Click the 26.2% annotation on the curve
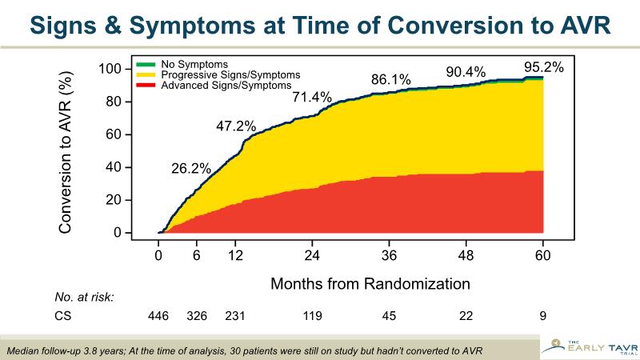pyautogui.click(x=191, y=169)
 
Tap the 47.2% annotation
pyautogui.click(x=236, y=126)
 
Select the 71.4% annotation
pyautogui.click(x=311, y=98)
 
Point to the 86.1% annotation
pyautogui.click(x=390, y=79)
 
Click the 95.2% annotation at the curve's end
pyautogui.click(x=544, y=67)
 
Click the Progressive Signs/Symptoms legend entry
pyautogui.click(x=219, y=74)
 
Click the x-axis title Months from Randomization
pyautogui.click(x=370, y=283)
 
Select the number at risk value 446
pyautogui.click(x=158, y=316)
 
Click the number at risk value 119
pyautogui.click(x=312, y=316)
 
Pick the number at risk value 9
pyautogui.click(x=543, y=316)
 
